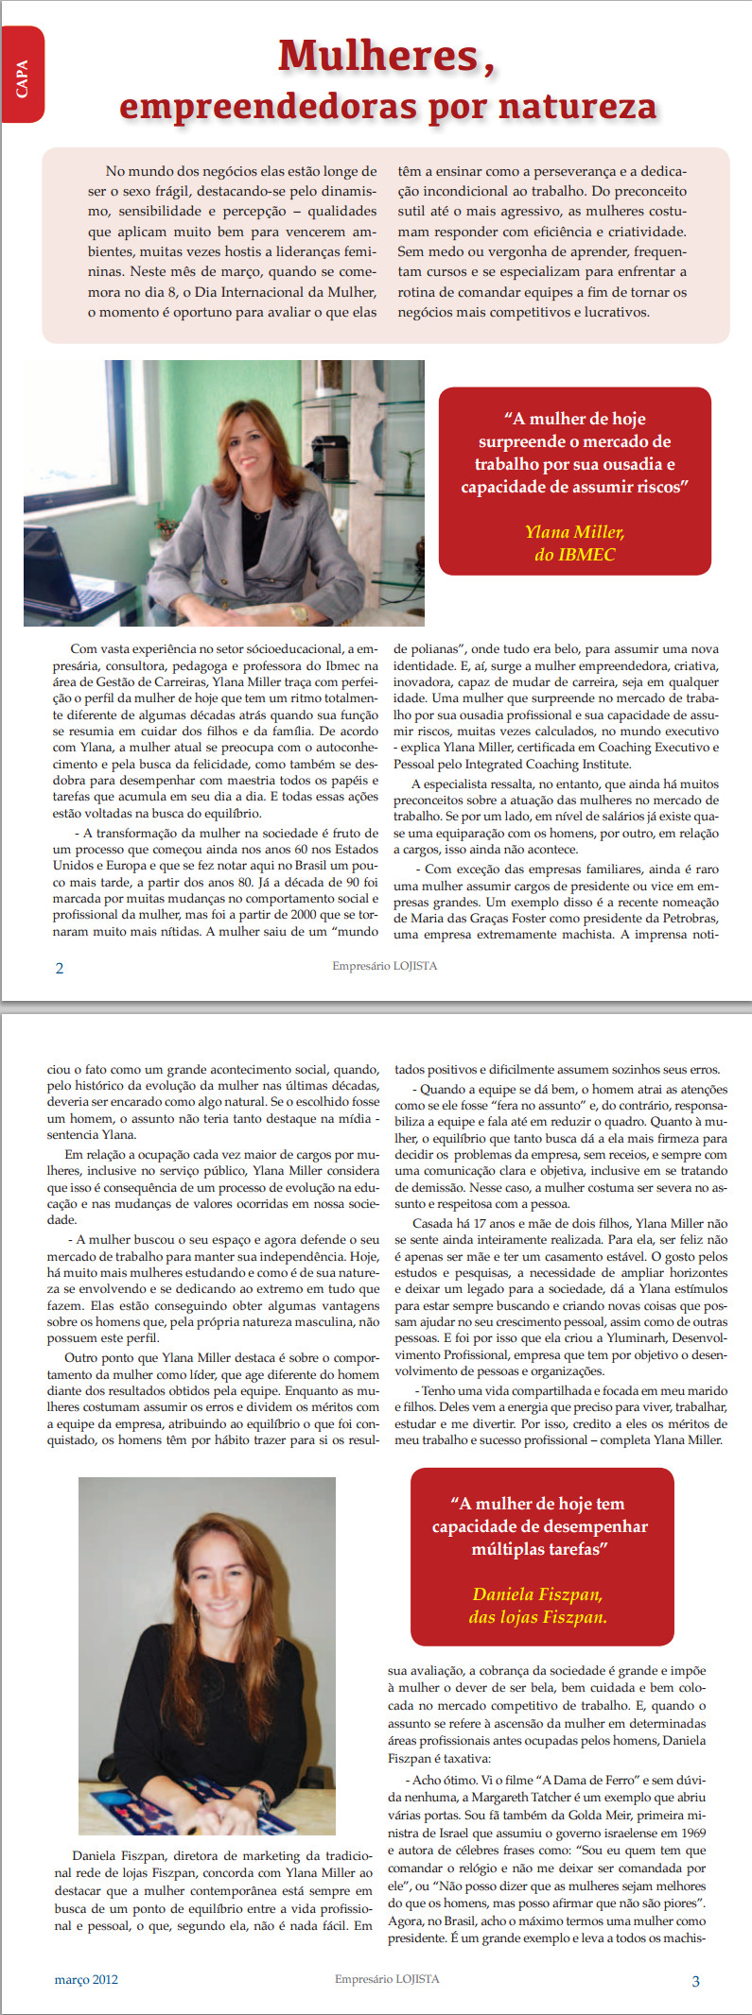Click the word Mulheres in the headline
pos(378,57)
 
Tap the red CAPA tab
pos(23,76)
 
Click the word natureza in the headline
pos(577,106)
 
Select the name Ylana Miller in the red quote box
pos(574,532)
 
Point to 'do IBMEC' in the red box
pos(574,555)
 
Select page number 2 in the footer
pos(60,968)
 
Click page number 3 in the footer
pos(695,1981)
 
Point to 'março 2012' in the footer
pos(86,1979)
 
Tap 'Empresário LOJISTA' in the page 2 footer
pos(384,966)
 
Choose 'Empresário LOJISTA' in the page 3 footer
pos(387,1978)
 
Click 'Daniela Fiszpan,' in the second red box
pos(537,1594)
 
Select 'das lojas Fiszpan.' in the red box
pos(537,1617)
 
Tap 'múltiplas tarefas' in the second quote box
pos(537,1549)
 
